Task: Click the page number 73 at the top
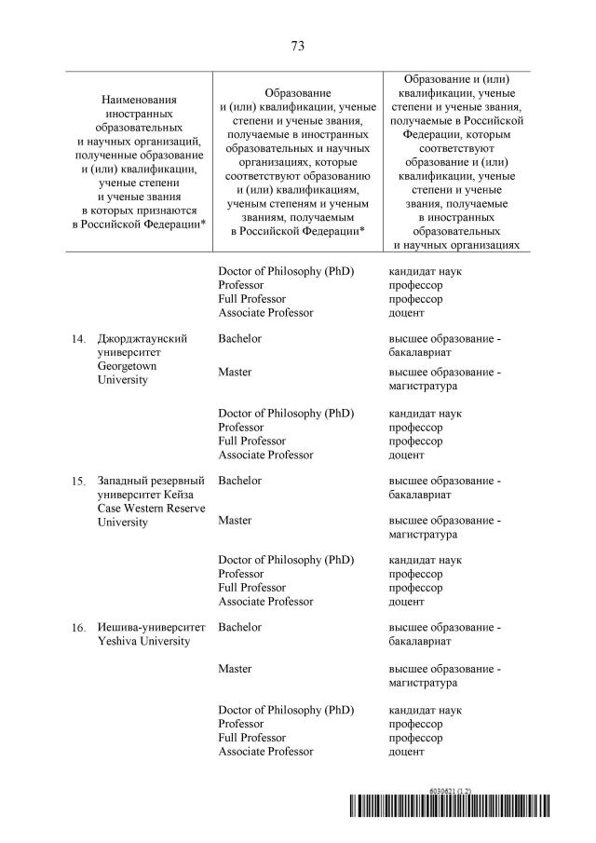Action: coord(298,46)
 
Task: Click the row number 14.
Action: coord(79,339)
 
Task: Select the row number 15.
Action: coord(79,482)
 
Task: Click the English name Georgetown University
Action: coord(130,374)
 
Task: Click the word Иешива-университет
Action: coord(151,628)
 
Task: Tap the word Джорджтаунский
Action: coord(142,339)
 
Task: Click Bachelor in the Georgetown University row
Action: coord(239,339)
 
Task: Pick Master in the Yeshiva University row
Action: coord(235,669)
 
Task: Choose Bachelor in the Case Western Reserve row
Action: coord(239,481)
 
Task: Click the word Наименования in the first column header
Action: coord(139,99)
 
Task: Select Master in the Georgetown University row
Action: coord(235,373)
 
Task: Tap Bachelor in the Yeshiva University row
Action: coord(239,628)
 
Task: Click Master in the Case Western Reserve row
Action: coord(235,521)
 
